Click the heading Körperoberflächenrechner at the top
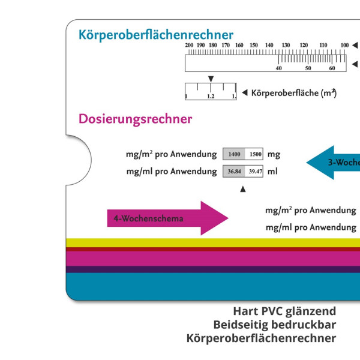click(155, 35)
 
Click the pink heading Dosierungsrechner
click(135, 119)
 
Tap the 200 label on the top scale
click(189, 46)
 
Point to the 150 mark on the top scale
click(253, 46)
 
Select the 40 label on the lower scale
click(278, 68)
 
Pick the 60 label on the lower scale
click(332, 68)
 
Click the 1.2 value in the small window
click(211, 96)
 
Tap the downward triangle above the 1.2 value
click(211, 79)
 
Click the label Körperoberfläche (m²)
click(293, 92)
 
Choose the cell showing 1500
click(256, 154)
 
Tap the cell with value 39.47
click(256, 171)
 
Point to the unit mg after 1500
click(274, 154)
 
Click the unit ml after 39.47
click(272, 171)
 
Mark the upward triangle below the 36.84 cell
click(242, 190)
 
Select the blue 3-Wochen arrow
click(334, 162)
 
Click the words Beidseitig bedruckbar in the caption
click(274, 325)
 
